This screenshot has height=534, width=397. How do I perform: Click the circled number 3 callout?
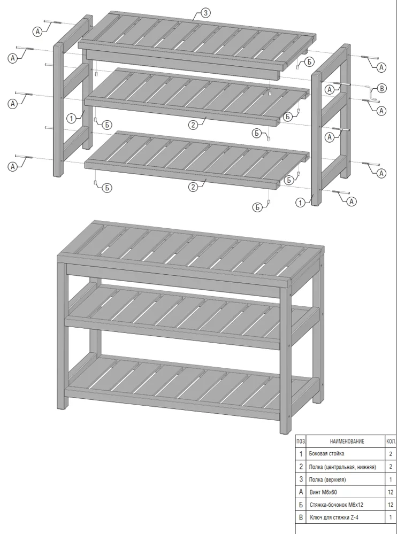pos(205,13)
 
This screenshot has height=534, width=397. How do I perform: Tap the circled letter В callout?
pos(382,89)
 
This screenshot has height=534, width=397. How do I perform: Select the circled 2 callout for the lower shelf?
pos(193,187)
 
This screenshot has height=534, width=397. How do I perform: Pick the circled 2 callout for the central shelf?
pos(193,125)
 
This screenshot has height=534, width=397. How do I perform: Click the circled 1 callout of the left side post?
pos(71,119)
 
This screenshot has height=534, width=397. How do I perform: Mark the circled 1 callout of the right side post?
pos(300,203)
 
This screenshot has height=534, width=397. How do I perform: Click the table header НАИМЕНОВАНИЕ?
pos(347,442)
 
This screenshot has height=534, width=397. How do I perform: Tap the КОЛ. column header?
pos(391,442)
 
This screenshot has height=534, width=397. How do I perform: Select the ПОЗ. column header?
pos(301,442)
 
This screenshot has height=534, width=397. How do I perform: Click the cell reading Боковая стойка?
pos(326,454)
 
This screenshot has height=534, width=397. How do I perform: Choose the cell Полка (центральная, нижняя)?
pos(342,467)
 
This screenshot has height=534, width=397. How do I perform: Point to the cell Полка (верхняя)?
pos(327,479)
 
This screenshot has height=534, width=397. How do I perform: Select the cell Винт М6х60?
pos(323,492)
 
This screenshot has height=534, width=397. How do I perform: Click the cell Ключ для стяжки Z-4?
pos(334,517)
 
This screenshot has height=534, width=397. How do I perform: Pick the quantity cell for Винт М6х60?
pos(391,492)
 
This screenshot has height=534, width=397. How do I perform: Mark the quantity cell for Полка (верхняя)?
pos(391,479)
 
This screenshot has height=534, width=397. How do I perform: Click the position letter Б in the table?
pos(301,505)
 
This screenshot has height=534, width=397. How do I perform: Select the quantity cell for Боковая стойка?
pos(391,454)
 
